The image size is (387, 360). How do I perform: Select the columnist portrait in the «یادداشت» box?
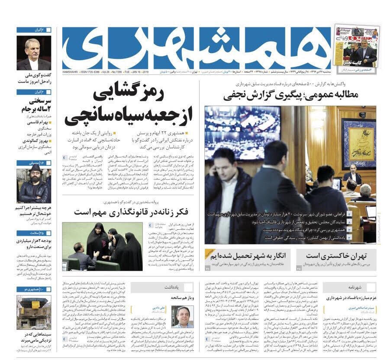182,317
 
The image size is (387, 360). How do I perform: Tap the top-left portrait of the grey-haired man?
34,52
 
